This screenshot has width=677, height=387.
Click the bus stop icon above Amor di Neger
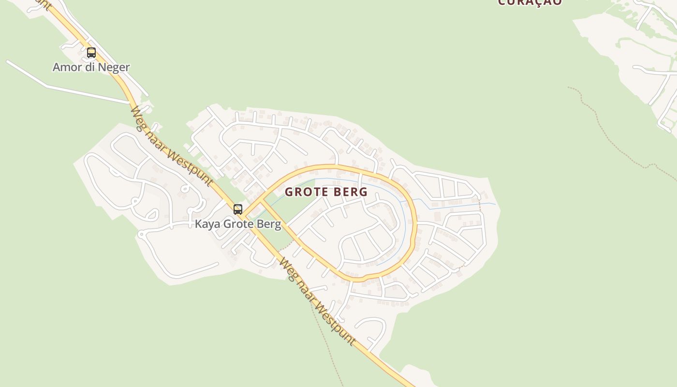pos(91,53)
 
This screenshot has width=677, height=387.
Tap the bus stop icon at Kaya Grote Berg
pos(238,209)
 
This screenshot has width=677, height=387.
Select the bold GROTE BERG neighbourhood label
pos(326,192)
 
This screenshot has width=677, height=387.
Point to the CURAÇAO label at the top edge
pos(530,2)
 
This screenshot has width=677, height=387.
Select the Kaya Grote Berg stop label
pos(238,224)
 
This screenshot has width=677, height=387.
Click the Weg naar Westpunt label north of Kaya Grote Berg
pos(171,146)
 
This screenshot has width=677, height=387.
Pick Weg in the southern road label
pos(287,269)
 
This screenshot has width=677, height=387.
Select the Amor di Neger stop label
pos(91,67)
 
